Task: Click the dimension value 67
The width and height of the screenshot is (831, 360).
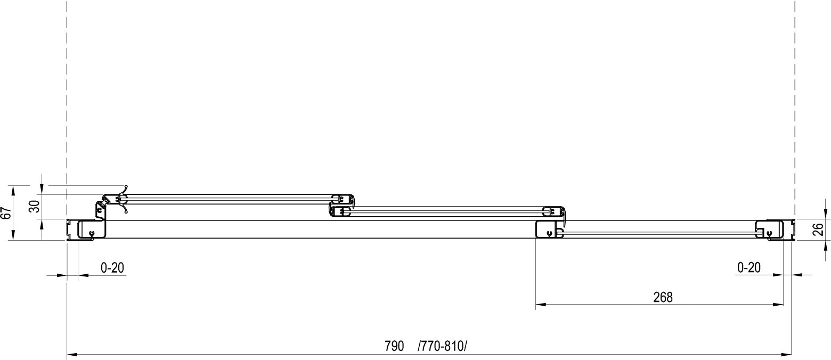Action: click(x=7, y=213)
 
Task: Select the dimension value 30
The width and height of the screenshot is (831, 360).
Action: click(x=35, y=206)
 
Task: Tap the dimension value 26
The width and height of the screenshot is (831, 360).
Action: click(x=818, y=229)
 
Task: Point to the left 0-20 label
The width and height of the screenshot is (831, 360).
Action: click(x=112, y=267)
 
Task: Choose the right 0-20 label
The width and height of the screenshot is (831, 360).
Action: click(x=749, y=267)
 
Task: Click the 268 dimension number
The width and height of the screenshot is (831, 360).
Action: click(x=663, y=297)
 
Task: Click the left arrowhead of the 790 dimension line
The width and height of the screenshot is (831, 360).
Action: click(x=72, y=355)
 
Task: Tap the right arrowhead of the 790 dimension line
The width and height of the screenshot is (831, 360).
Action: click(x=786, y=355)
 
